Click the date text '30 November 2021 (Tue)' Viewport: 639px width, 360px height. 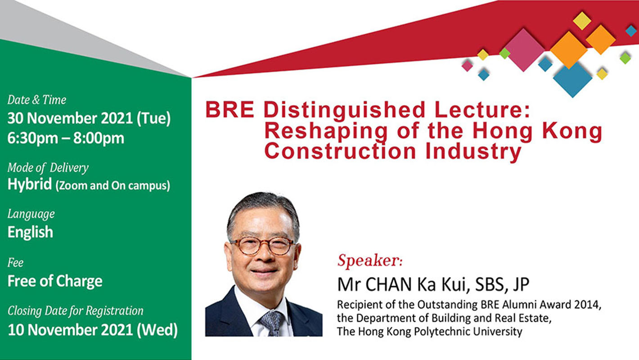[89, 118]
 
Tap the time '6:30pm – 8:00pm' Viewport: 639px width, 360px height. [66, 138]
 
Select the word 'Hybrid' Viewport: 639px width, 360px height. [30, 184]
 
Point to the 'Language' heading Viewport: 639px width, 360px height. [31, 214]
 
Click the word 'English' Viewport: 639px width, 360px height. [30, 232]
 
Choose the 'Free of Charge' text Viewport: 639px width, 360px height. [55, 281]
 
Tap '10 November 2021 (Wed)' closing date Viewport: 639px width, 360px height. [93, 330]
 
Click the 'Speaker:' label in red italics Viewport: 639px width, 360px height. [370, 261]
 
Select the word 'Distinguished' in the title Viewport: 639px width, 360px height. [344, 110]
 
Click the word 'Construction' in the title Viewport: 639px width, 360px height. [340, 151]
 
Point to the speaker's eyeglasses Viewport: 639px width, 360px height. [262, 246]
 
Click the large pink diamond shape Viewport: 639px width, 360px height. [524, 49]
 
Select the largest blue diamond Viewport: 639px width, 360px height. [572, 80]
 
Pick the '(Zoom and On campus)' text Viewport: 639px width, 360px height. [112, 186]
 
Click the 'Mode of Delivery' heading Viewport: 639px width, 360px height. [48, 168]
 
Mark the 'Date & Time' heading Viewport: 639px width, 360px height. [37, 100]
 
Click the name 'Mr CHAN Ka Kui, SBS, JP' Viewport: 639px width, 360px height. [433, 284]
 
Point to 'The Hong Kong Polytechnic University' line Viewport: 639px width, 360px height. [430, 332]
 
